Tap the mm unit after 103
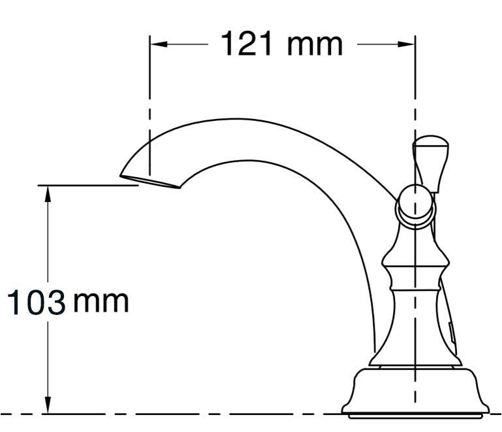click(x=101, y=302)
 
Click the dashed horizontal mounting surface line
click(x=196, y=414)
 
